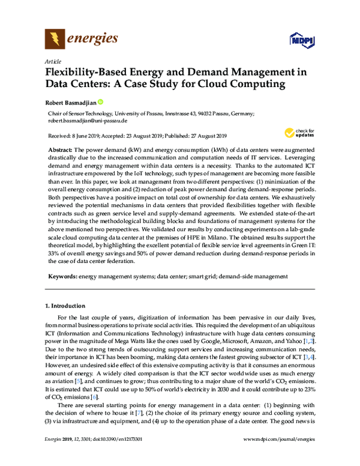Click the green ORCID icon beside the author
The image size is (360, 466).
point(100,102)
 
